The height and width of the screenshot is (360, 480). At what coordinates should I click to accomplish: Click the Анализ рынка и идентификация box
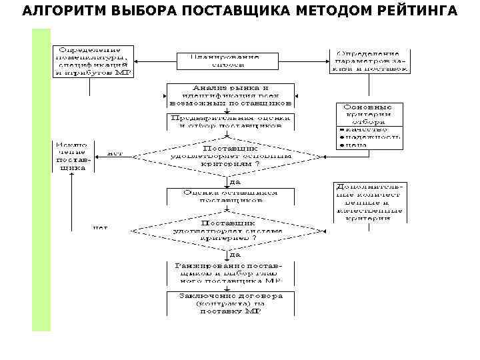(230, 95)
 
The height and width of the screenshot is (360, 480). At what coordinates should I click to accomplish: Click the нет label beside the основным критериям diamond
(114, 153)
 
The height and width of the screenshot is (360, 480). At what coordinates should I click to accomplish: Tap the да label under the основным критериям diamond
(235, 181)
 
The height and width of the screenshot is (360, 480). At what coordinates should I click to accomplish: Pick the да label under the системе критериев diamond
(235, 254)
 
